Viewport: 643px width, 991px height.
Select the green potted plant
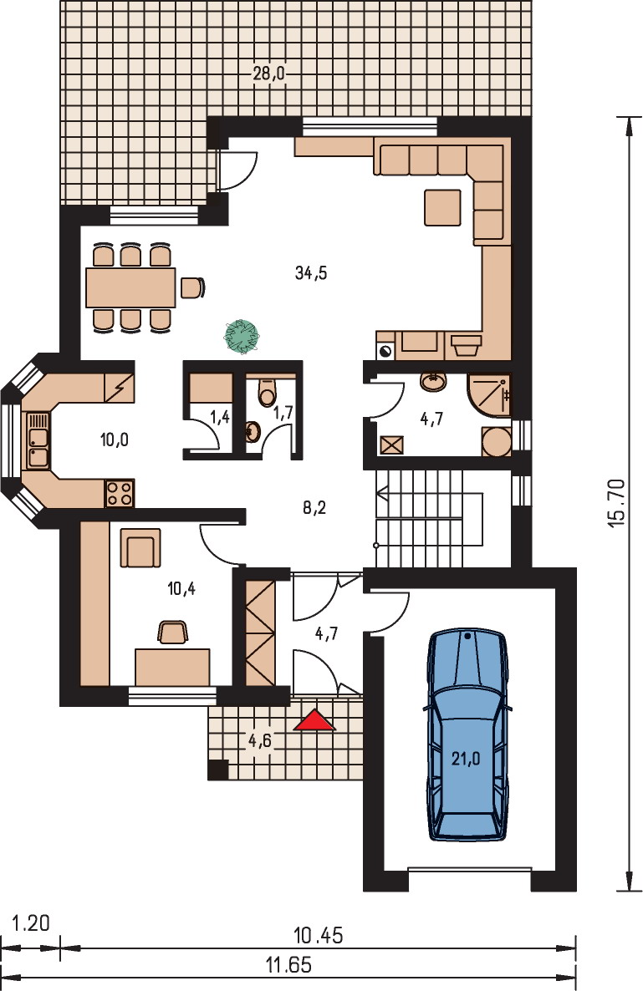[x=241, y=335]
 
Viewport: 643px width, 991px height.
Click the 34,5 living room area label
[x=311, y=273]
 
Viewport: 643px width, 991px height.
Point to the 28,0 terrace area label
[x=269, y=74]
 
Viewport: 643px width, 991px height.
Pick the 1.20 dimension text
[x=31, y=923]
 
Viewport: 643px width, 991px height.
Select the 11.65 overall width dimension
[x=289, y=965]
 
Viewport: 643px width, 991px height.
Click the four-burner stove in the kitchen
[x=120, y=493]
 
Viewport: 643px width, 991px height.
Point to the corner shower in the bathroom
[x=488, y=395]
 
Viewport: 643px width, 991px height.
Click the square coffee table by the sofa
[x=442, y=206]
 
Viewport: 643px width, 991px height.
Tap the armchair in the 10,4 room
[x=140, y=548]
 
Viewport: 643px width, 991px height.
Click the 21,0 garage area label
[x=466, y=758]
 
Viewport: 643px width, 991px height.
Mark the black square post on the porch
[x=217, y=770]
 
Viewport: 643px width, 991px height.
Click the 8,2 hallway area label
[x=314, y=507]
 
